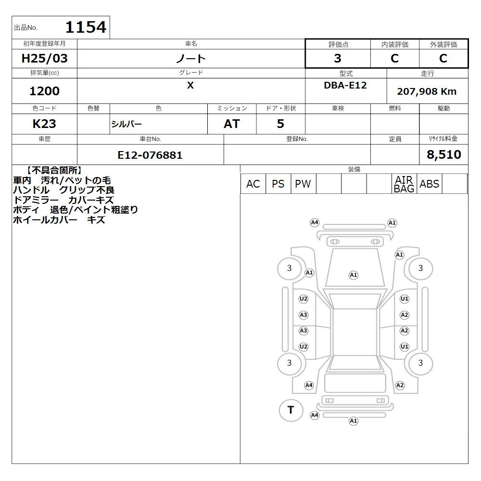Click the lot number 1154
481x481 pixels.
click(x=86, y=27)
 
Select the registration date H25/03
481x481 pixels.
click(x=44, y=58)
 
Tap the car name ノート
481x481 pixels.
click(x=191, y=58)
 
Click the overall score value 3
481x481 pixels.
click(x=338, y=58)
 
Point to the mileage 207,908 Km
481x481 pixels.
click(x=427, y=91)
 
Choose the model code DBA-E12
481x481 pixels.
click(x=345, y=85)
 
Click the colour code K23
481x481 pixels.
click(x=44, y=124)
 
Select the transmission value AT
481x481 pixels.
click(x=232, y=124)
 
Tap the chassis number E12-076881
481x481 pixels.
click(x=150, y=155)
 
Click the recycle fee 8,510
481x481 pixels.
click(x=444, y=154)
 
